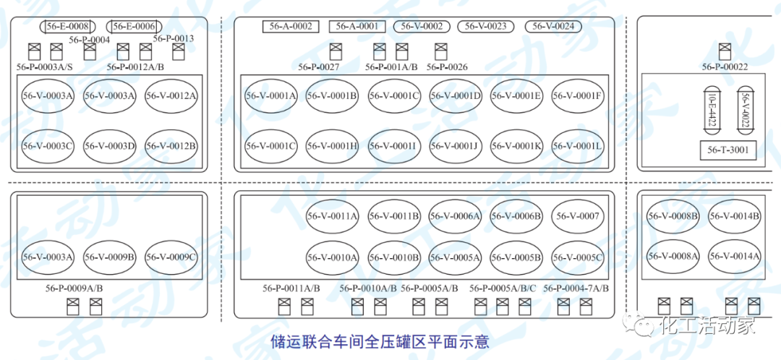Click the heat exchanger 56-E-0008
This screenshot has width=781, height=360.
coord(68,27)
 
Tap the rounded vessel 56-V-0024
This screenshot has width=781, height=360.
coord(553,27)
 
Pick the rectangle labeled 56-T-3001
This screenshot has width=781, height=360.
coord(728,150)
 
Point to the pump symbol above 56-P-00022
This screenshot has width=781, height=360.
coord(725,51)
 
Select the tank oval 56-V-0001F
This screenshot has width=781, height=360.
coord(577,95)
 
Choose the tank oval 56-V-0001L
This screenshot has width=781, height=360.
coord(577,146)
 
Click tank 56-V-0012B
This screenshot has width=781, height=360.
coord(171,146)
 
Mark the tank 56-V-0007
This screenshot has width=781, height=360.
coord(577,215)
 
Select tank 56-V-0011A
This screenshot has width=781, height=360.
coord(332,215)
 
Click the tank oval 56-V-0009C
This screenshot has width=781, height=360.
coord(171,257)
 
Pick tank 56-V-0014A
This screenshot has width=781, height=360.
coord(735,256)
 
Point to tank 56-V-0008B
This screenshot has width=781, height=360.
coord(673,215)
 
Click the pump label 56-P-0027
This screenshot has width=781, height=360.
coord(319,67)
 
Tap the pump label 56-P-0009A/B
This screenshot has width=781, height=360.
coord(74,288)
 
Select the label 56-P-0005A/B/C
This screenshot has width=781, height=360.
coord(503,288)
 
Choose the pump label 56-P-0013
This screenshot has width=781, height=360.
coord(174,38)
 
